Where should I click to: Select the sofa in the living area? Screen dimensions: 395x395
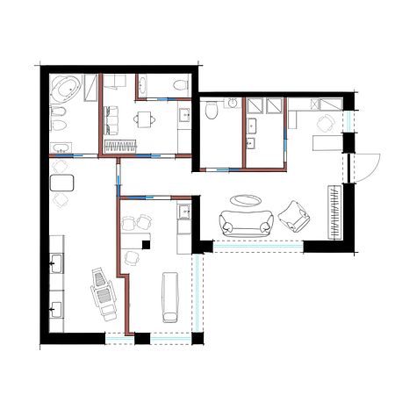[x=246, y=223]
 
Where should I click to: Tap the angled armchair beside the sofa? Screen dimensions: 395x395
[x=295, y=215]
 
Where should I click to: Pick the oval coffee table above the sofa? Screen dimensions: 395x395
[x=246, y=199]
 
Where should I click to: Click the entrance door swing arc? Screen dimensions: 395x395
[x=367, y=167]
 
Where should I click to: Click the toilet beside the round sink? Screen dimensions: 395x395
[x=211, y=111]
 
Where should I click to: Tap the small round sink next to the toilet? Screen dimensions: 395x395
[x=233, y=104]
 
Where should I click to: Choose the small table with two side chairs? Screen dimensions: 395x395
[x=145, y=117]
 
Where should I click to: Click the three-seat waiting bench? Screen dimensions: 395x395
[x=111, y=115]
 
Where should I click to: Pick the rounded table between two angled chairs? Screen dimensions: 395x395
[x=62, y=183]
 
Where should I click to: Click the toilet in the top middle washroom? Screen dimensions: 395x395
[x=180, y=85]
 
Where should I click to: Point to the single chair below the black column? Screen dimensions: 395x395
[x=133, y=258]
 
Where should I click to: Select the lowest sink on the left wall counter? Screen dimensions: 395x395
[x=56, y=308]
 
